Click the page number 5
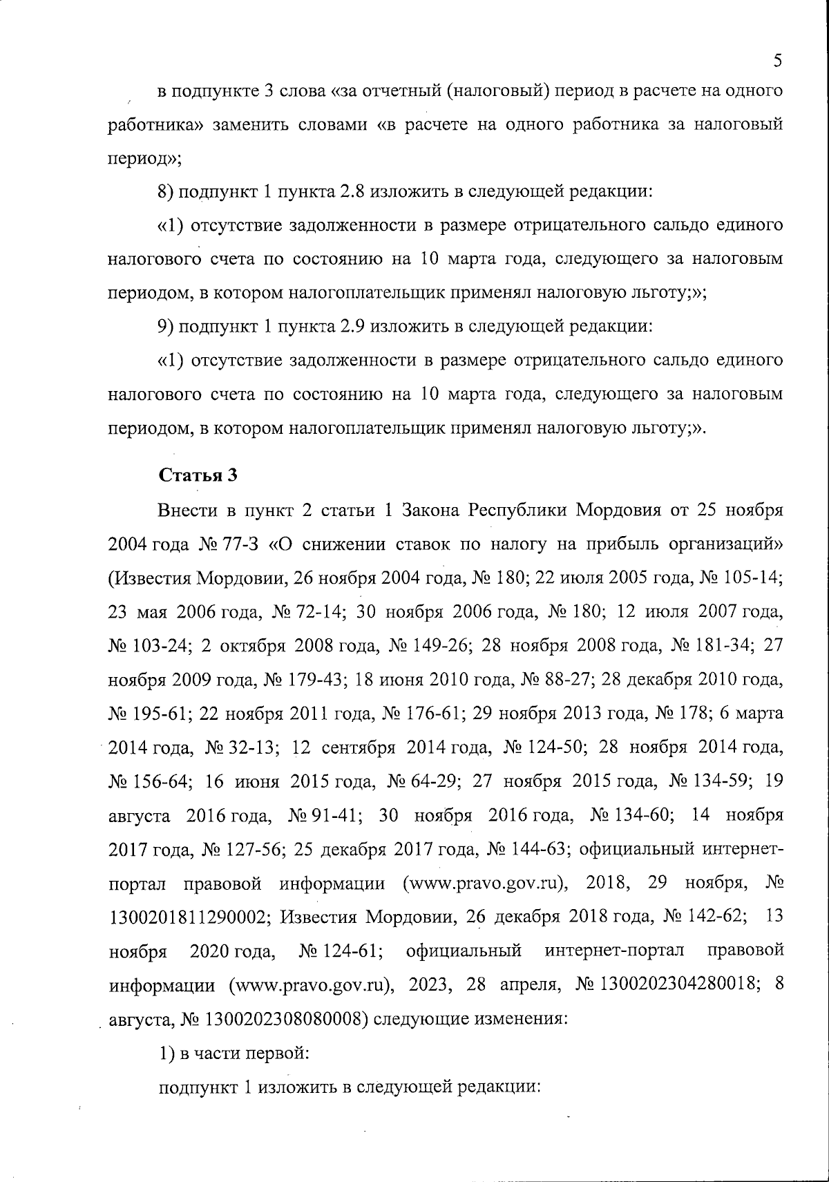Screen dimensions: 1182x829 pos(777,61)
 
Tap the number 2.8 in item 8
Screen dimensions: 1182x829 pos(352,191)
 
